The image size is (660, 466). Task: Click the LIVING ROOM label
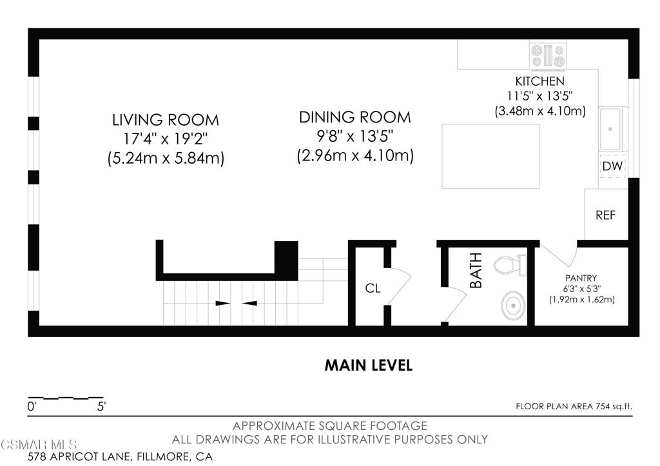pyautogui.click(x=166, y=120)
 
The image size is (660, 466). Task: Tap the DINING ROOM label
pyautogui.click(x=355, y=117)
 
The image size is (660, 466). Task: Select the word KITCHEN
pyautogui.click(x=540, y=81)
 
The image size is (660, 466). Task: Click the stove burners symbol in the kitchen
pyautogui.click(x=548, y=55)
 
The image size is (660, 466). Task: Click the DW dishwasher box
pyautogui.click(x=612, y=166)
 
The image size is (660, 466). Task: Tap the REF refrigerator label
pyautogui.click(x=606, y=215)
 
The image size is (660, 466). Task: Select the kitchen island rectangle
pyautogui.click(x=490, y=156)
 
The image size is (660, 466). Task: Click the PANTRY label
pyautogui.click(x=581, y=278)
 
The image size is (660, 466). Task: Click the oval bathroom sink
pyautogui.click(x=513, y=306)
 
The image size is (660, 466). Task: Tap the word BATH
pyautogui.click(x=476, y=270)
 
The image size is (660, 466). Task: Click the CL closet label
pyautogui.click(x=373, y=288)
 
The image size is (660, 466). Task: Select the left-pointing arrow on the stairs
pyautogui.click(x=249, y=303)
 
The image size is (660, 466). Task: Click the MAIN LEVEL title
pyautogui.click(x=369, y=365)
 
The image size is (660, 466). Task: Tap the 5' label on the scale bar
pyautogui.click(x=101, y=407)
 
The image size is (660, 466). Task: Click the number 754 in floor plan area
pyautogui.click(x=603, y=406)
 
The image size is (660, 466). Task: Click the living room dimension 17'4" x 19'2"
pyautogui.click(x=166, y=139)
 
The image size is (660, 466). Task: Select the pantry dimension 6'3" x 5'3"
pyautogui.click(x=582, y=289)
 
